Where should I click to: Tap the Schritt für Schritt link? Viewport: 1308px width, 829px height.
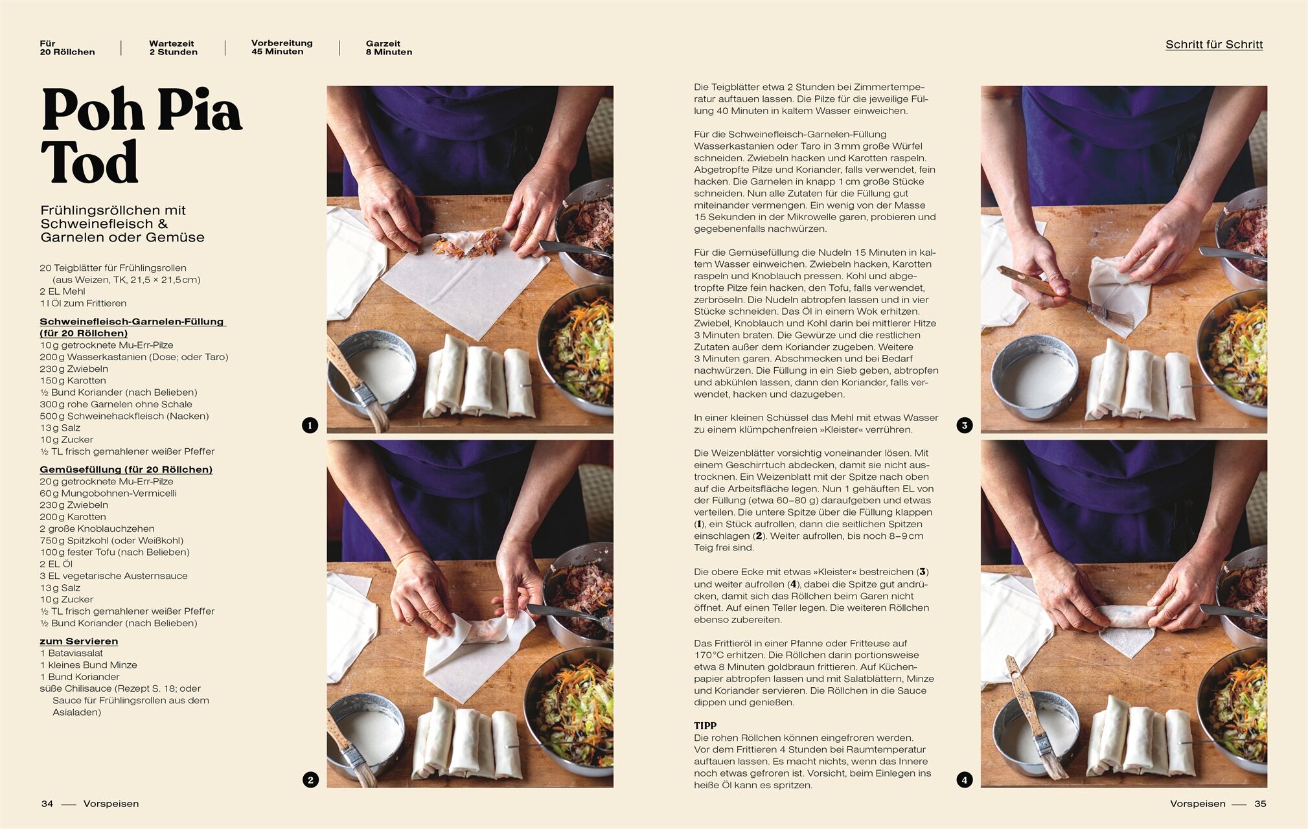tap(1214, 44)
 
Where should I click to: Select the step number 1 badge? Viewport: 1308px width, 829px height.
tap(310, 425)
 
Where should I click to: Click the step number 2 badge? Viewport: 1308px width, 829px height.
tap(310, 779)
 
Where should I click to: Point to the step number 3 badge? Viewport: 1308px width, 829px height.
tap(964, 425)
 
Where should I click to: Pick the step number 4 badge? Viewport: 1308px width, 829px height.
tap(964, 779)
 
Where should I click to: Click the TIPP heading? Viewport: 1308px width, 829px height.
tap(705, 725)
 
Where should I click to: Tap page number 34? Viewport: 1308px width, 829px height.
tap(47, 804)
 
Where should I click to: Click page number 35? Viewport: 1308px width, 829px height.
tap(1260, 804)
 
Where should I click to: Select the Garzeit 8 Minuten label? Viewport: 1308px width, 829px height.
tap(389, 48)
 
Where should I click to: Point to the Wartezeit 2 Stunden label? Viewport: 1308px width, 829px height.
tap(173, 48)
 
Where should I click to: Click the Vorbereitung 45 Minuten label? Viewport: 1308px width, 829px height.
tap(282, 47)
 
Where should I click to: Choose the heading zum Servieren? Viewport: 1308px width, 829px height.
tap(79, 641)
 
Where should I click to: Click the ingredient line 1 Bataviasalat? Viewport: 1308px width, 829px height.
tap(71, 653)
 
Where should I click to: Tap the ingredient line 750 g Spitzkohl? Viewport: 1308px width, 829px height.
tap(111, 540)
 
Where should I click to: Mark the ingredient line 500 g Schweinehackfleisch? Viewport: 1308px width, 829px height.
tap(124, 416)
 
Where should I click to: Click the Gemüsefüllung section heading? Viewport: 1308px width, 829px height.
tap(126, 470)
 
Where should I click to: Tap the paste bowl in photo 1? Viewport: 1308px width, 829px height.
tap(371, 372)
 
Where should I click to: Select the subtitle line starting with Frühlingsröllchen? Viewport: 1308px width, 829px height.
tap(113, 210)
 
